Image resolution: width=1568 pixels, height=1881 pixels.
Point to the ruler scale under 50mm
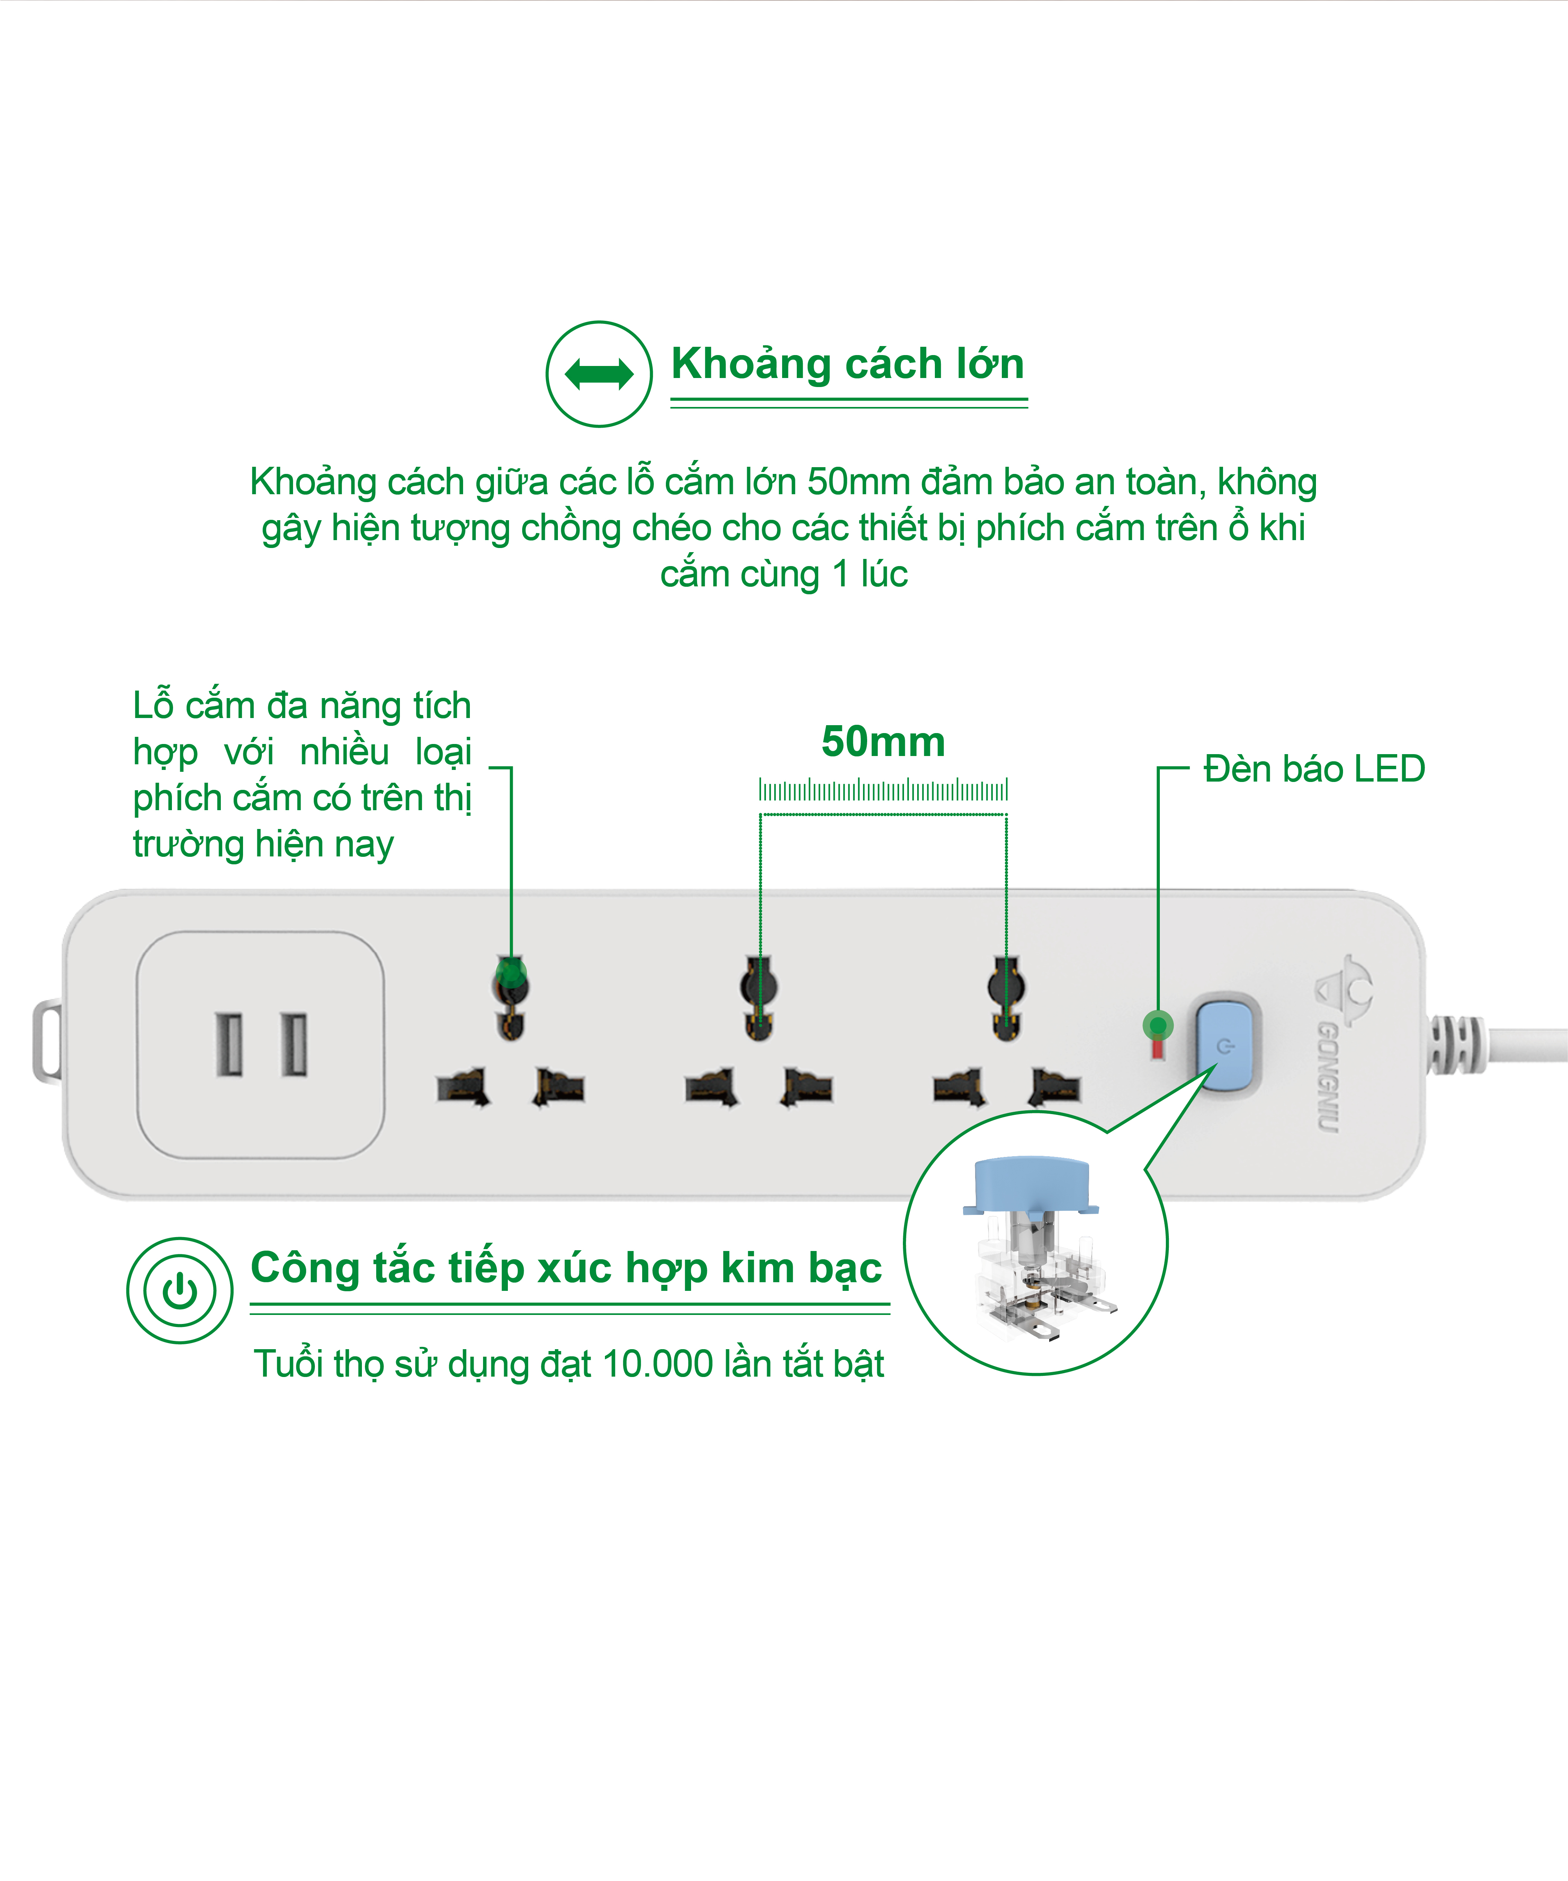pyautogui.click(x=883, y=790)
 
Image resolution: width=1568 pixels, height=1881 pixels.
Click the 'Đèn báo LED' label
pyautogui.click(x=1314, y=768)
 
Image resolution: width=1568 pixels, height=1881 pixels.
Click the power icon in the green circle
pyautogui.click(x=180, y=1291)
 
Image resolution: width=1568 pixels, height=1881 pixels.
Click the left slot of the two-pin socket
pyautogui.click(x=228, y=1044)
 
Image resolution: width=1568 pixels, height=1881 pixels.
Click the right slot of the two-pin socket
pyautogui.click(x=294, y=1044)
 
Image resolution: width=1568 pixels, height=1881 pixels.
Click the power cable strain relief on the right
pyautogui.click(x=1456, y=1044)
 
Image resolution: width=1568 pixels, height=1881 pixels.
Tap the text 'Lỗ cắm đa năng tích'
pyautogui.click(x=302, y=706)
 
